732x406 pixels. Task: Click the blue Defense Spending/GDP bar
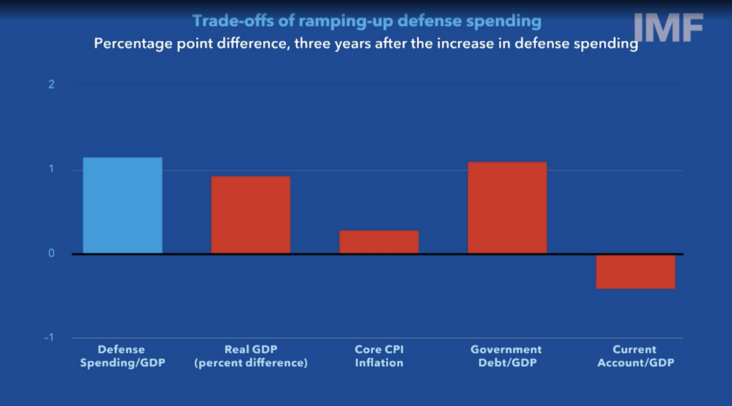click(122, 205)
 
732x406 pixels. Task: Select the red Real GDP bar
click(250, 214)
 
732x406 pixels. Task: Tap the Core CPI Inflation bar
click(379, 242)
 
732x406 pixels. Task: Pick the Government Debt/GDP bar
click(508, 207)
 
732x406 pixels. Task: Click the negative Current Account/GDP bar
click(635, 272)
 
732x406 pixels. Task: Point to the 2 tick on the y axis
click(51, 85)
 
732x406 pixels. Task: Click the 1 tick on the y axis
click(51, 169)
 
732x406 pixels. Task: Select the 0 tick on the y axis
click(51, 254)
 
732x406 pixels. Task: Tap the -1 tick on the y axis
click(49, 338)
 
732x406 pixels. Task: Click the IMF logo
click(669, 28)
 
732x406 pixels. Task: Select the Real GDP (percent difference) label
click(251, 356)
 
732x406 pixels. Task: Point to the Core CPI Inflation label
click(379, 356)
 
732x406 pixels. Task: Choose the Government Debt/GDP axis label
click(506, 356)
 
